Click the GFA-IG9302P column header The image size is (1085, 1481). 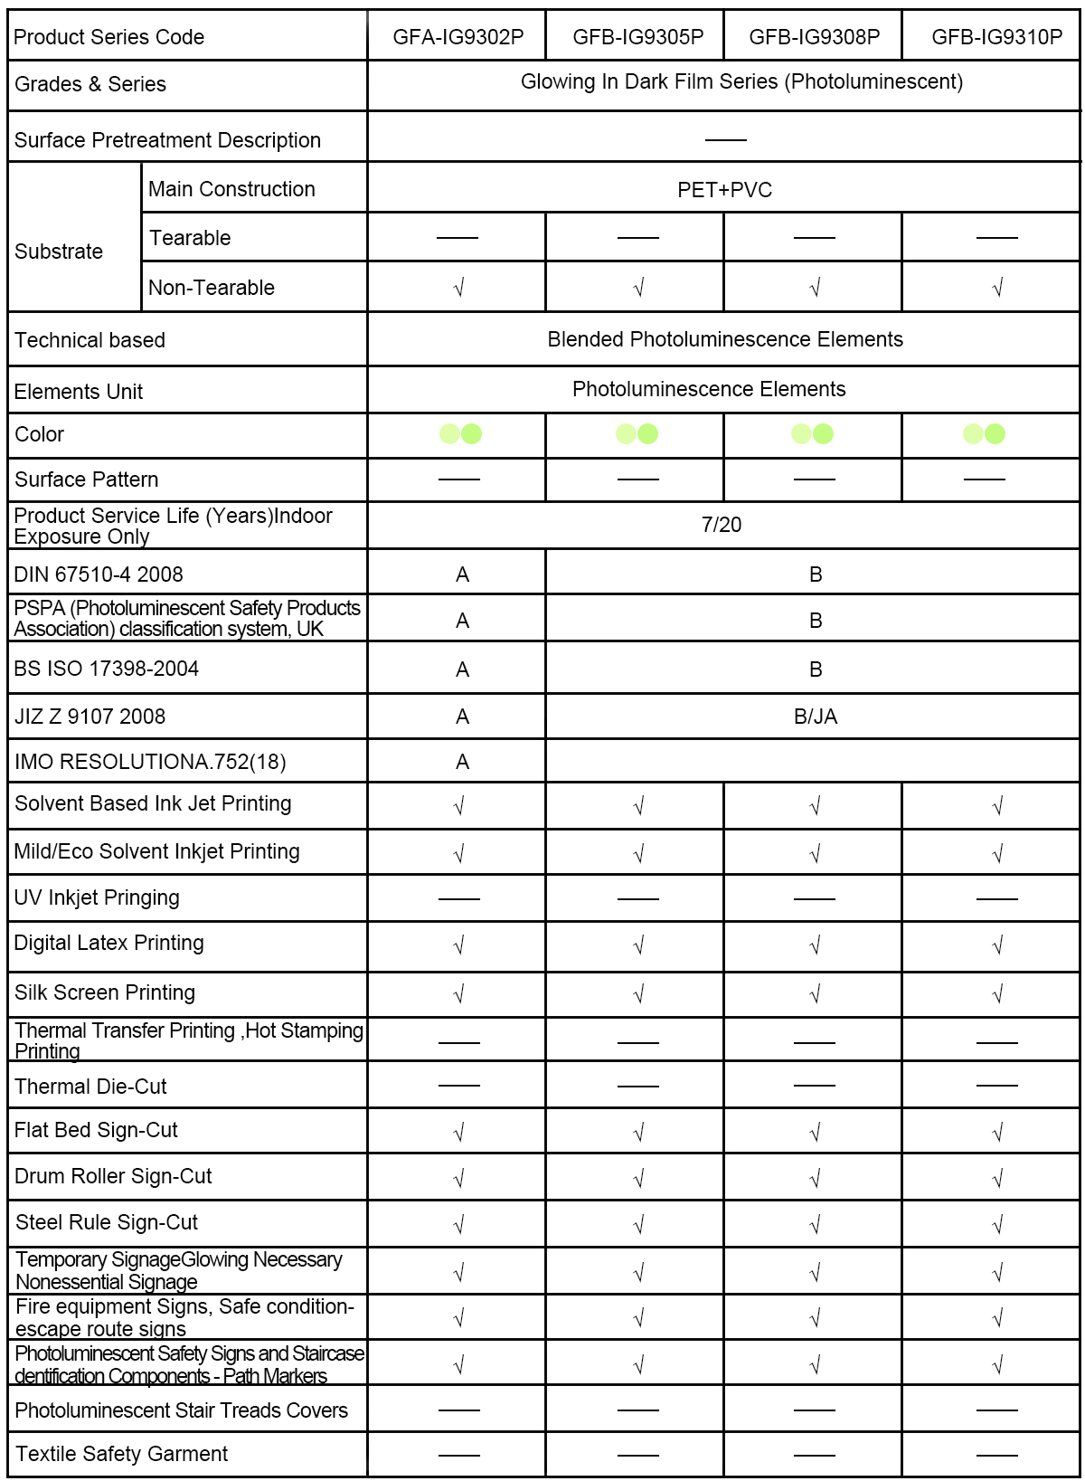458,37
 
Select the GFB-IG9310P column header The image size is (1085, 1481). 996,37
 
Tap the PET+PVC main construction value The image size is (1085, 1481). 724,190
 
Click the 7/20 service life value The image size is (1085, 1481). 722,525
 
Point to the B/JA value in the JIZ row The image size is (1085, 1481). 816,717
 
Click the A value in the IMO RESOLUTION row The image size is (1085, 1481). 462,763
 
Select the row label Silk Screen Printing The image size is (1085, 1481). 105,992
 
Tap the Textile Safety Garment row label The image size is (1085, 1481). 121,1454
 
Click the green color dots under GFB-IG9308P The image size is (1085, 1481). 812,434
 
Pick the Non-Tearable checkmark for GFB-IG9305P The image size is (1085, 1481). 638,289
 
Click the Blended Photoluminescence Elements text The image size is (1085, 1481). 725,339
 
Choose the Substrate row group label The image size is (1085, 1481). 59,252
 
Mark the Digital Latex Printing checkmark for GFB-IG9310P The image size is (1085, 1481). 997,946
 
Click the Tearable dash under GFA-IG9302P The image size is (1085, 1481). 458,238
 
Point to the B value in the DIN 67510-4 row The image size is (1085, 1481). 816,575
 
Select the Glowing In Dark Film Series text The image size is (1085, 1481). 741,82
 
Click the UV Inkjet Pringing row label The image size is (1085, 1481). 97,897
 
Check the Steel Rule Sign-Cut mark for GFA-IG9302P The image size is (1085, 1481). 458,1225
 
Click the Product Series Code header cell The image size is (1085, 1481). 109,37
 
